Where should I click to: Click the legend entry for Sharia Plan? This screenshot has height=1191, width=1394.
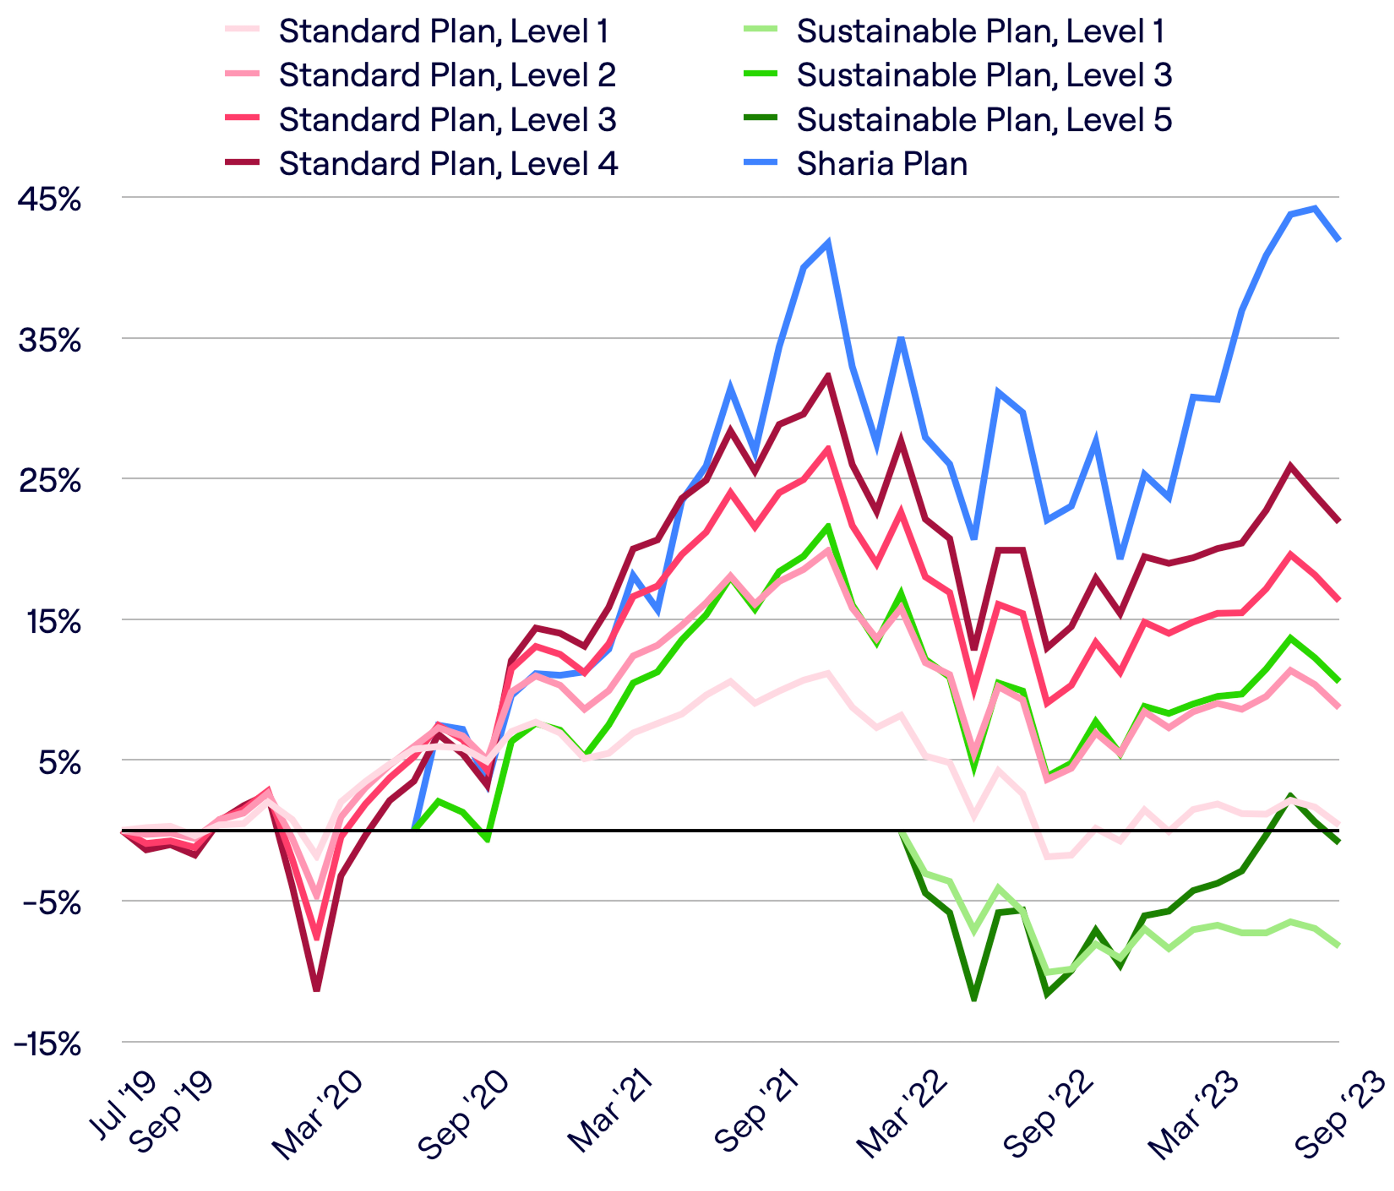click(881, 164)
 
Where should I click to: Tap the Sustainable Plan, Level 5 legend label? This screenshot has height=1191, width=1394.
click(983, 120)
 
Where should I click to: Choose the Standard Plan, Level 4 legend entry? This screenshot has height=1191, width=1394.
click(448, 164)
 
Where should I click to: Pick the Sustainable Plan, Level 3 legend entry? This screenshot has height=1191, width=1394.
click(983, 76)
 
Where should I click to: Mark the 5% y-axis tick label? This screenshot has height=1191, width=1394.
click(59, 763)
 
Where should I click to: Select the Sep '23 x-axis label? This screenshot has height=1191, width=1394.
click(1339, 1114)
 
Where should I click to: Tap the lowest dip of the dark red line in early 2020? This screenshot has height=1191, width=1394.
click(316, 989)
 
